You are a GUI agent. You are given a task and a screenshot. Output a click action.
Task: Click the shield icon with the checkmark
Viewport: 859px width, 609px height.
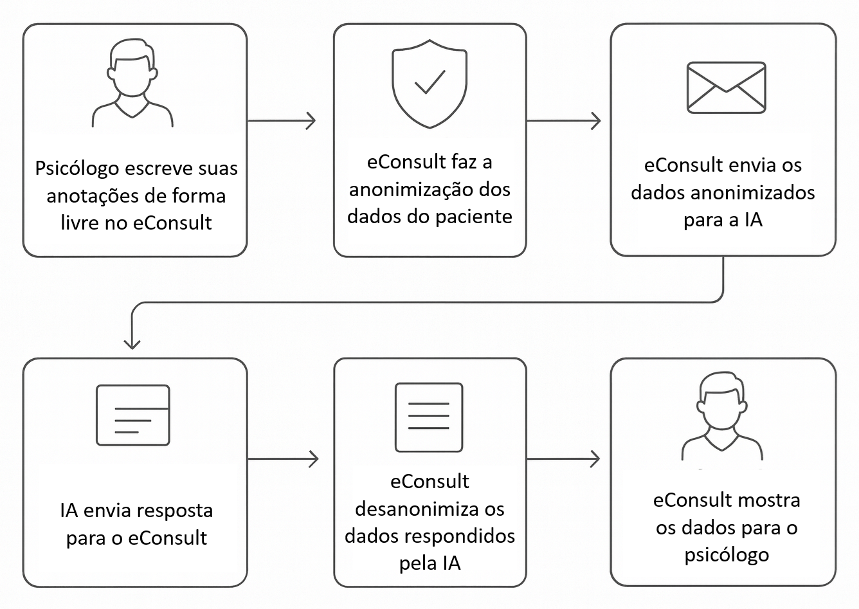(429, 84)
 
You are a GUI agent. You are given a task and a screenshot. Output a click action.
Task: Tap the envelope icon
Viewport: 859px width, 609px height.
(726, 87)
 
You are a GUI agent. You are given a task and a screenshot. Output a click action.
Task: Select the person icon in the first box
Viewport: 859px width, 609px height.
(132, 84)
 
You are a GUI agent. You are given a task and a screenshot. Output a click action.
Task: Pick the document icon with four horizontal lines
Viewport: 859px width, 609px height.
(429, 417)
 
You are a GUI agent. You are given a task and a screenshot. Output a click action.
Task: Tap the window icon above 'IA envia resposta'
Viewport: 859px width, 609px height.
(133, 415)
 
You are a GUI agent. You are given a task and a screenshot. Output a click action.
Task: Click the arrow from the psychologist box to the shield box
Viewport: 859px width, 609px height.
(282, 120)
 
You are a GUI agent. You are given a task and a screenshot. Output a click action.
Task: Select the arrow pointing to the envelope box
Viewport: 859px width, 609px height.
(563, 120)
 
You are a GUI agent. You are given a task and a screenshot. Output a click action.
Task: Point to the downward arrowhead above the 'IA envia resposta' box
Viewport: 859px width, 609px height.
(132, 341)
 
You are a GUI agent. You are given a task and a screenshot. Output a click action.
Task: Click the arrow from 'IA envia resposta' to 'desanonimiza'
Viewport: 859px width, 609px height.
(283, 459)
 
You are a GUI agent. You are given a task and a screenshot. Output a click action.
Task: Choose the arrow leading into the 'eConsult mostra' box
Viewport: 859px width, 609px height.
(563, 459)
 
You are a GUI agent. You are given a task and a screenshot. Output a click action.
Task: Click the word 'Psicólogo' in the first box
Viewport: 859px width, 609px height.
(77, 168)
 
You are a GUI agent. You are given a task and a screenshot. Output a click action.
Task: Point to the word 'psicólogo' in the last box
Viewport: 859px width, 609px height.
(727, 554)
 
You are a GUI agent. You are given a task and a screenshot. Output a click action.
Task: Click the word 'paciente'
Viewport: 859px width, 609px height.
(474, 217)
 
